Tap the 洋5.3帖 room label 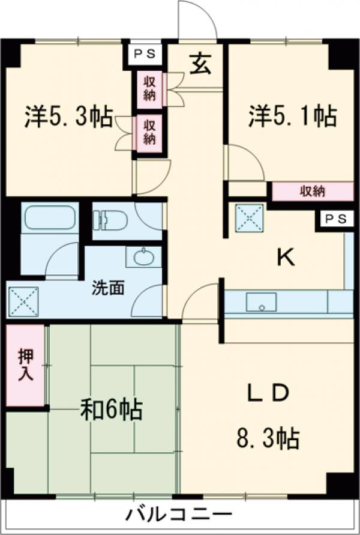tap(69, 117)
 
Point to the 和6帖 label tap(112, 411)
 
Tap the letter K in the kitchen tap(285, 258)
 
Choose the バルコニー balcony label tap(179, 515)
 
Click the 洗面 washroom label tap(109, 288)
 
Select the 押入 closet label tap(25, 364)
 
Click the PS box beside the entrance tap(144, 53)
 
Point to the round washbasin tap(143, 259)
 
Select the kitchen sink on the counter tap(261, 302)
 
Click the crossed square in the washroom tap(23, 301)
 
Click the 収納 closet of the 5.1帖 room tap(312, 192)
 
